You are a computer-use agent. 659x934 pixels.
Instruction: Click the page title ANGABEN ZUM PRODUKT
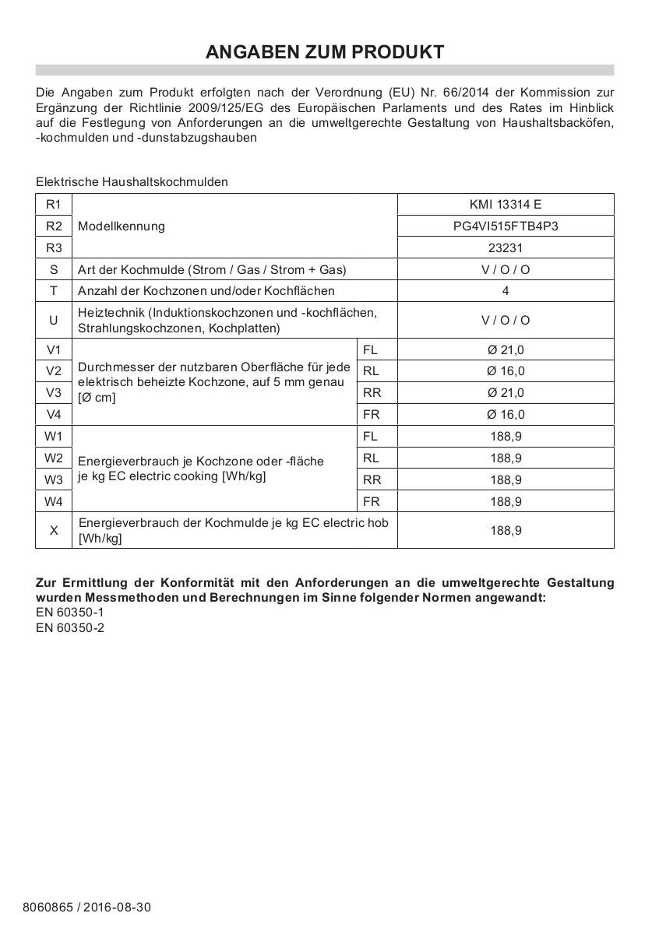point(325,52)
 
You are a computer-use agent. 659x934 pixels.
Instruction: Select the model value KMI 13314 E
point(506,205)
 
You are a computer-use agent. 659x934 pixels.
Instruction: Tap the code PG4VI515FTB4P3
point(506,226)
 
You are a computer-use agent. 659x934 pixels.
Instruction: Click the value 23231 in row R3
point(506,248)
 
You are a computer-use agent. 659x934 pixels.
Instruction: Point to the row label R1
point(54,205)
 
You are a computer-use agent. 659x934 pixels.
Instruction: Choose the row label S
point(54,269)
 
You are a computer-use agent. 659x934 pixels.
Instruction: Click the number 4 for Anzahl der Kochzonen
point(506,291)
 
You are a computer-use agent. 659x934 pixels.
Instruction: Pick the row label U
point(54,320)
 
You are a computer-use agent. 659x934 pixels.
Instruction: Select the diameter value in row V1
point(506,349)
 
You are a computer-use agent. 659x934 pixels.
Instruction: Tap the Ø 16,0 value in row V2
point(506,371)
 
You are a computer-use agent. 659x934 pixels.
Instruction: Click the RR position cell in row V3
point(372,393)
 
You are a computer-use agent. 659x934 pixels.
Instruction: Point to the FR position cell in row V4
point(372,415)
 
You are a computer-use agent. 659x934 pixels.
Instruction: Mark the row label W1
point(54,436)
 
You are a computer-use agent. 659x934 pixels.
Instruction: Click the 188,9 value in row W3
point(506,480)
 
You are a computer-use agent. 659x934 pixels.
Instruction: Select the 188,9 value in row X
point(506,530)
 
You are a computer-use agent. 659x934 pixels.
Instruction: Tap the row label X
point(54,530)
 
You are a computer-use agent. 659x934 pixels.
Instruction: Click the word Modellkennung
point(122,226)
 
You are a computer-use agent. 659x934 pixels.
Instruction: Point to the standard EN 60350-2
point(70,627)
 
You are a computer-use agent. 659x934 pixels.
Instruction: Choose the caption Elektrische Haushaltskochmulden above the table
point(132,181)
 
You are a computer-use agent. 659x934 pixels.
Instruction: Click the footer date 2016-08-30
point(117,908)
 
